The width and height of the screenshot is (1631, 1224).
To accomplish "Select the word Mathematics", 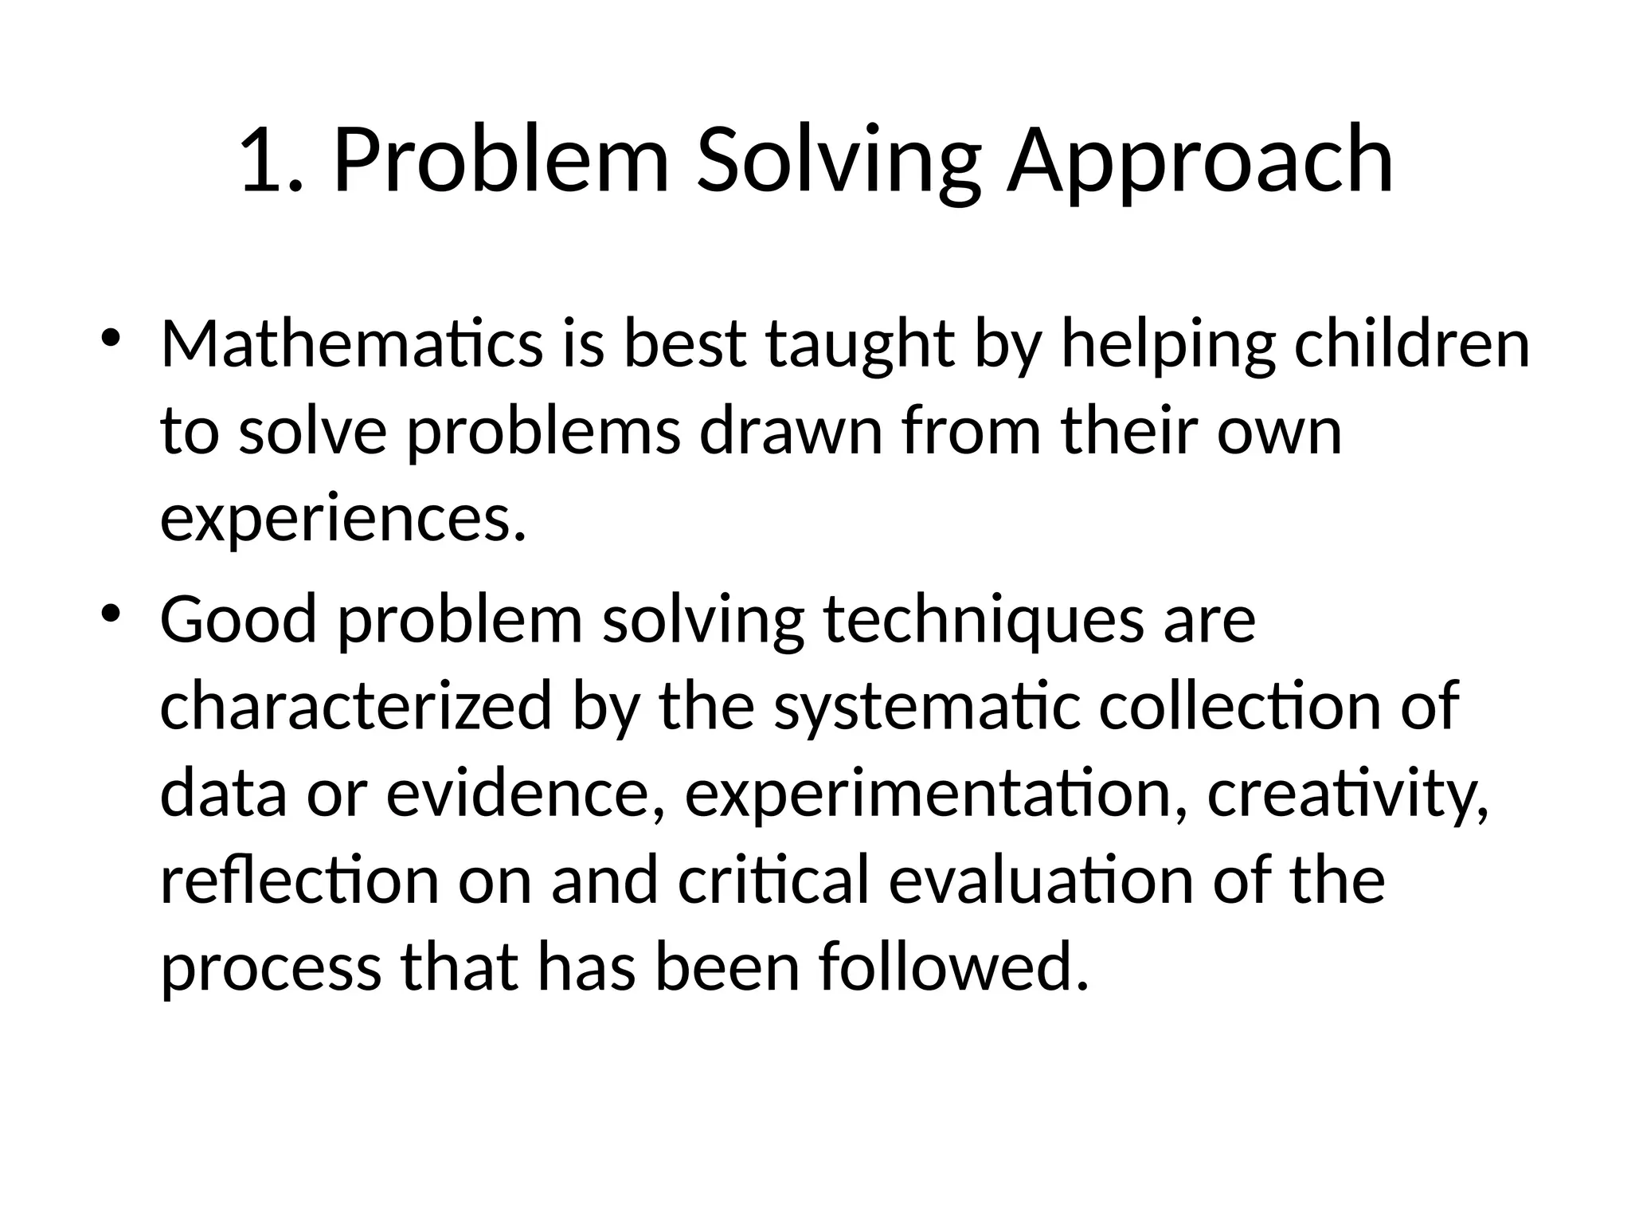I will (x=351, y=344).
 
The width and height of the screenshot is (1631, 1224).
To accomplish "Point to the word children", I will (x=1411, y=344).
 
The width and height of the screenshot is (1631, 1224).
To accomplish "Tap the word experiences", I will (x=342, y=520).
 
